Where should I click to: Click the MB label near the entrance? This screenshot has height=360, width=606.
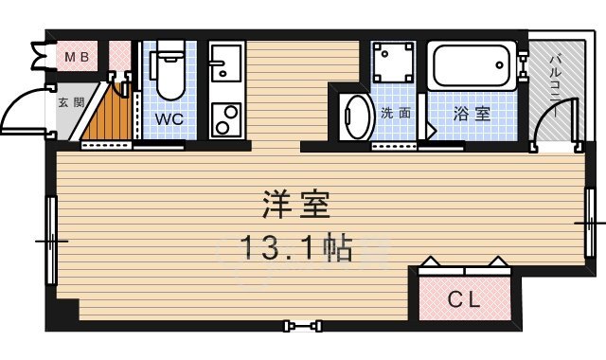75,58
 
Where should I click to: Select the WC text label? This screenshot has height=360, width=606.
169,120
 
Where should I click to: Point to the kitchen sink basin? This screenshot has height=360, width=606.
225,66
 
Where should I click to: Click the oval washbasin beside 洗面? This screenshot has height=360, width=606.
357,117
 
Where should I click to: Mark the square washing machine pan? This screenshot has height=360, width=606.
393,64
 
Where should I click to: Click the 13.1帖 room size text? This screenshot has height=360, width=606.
294,248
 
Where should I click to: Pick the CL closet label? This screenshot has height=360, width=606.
464,301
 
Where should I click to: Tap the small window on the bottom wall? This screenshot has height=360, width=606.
303,326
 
